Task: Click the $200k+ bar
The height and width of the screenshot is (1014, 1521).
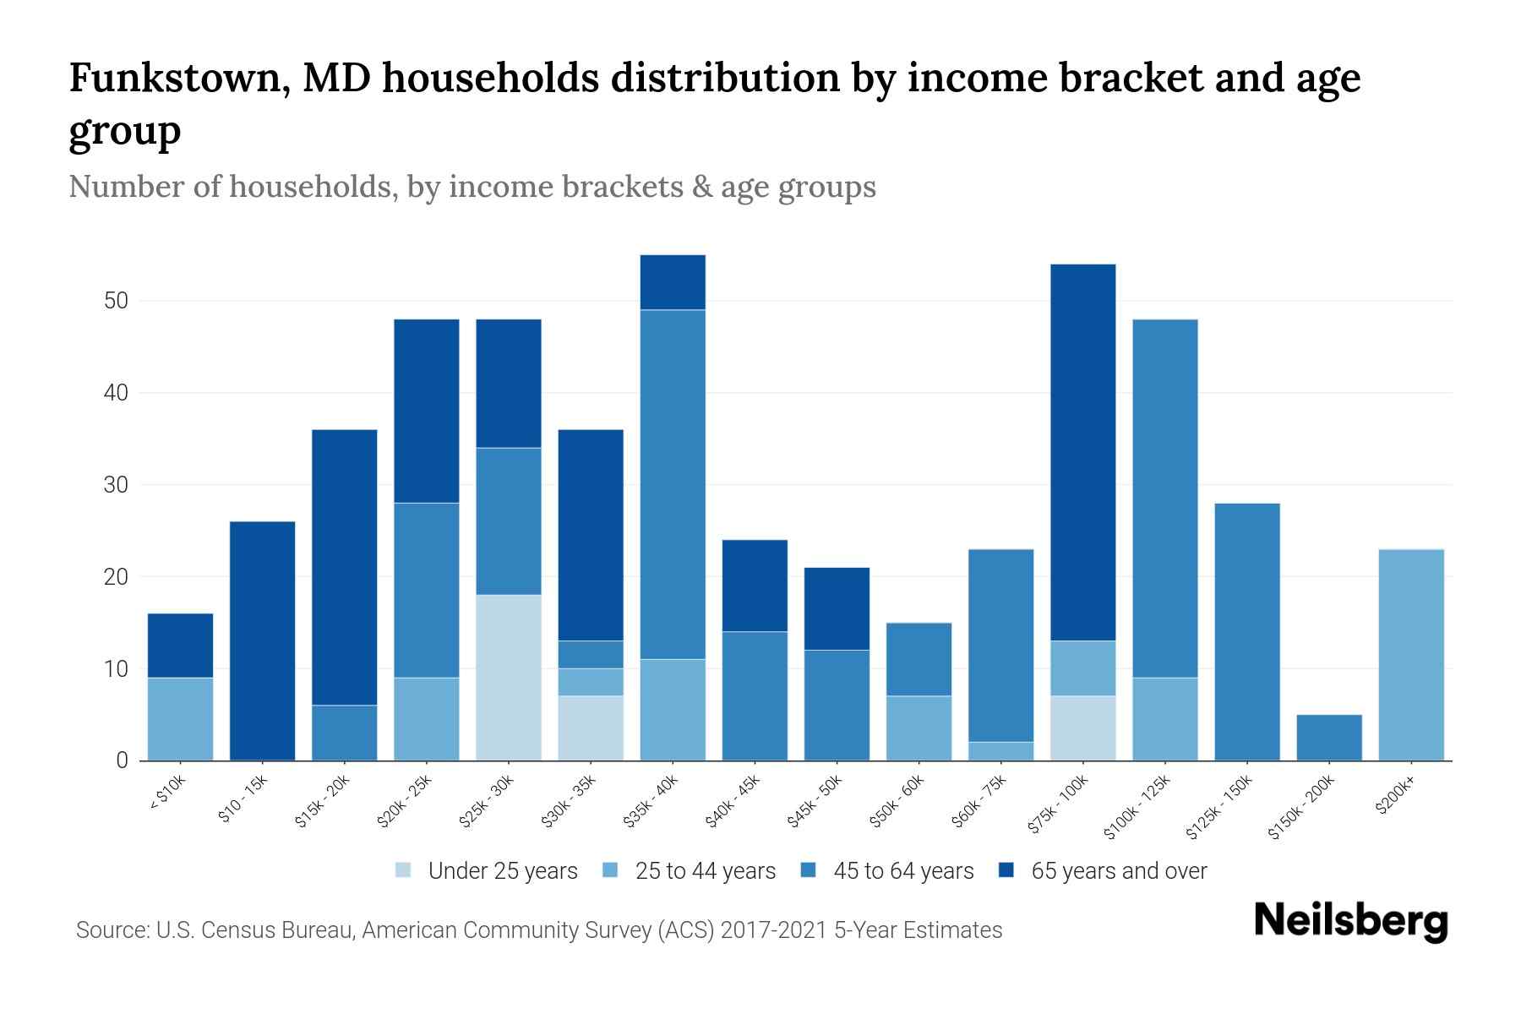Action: [1411, 655]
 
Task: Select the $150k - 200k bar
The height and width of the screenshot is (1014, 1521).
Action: [1329, 738]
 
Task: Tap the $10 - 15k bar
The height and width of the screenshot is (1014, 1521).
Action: [262, 641]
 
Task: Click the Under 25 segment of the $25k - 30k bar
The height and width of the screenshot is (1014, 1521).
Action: [509, 678]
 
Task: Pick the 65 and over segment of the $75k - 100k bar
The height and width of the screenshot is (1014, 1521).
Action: [1082, 452]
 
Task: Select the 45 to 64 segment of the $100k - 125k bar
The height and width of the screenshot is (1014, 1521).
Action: [1164, 499]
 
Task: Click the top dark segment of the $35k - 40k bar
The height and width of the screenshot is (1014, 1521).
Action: [673, 282]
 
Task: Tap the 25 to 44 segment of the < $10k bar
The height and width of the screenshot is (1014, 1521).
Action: [180, 718]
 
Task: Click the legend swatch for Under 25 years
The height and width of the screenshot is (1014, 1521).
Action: [404, 870]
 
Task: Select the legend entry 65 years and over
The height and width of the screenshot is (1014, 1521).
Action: [1119, 871]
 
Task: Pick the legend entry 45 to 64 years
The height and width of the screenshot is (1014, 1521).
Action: [902, 871]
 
